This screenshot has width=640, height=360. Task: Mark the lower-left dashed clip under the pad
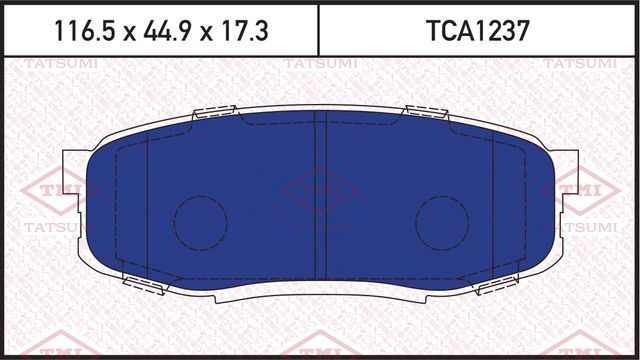pyautogui.click(x=142, y=285)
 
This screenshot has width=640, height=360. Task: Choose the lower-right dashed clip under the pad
pyautogui.click(x=497, y=285)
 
